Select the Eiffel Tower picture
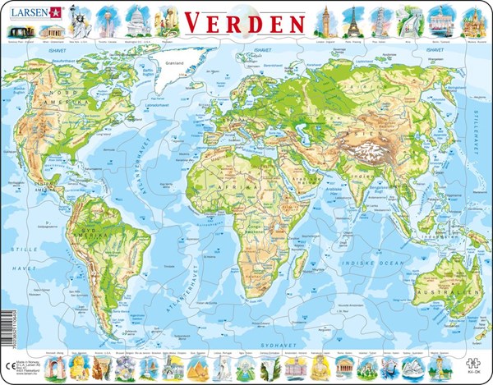[352, 17]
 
